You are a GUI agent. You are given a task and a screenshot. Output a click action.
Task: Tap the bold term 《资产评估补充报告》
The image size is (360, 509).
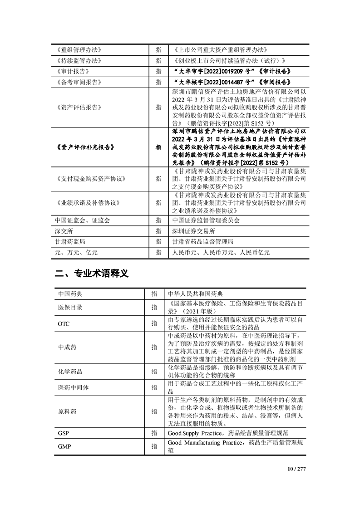click(x=85, y=147)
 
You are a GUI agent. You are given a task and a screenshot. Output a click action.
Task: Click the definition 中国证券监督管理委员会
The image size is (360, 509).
click(x=206, y=220)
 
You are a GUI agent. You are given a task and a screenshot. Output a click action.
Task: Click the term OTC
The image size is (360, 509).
click(x=63, y=324)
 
